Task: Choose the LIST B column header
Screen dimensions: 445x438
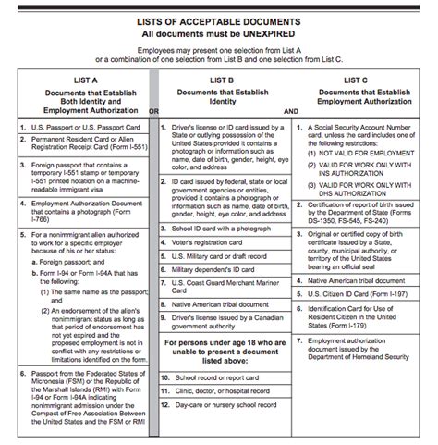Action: click(223, 81)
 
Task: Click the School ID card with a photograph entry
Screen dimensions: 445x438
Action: click(217, 227)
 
